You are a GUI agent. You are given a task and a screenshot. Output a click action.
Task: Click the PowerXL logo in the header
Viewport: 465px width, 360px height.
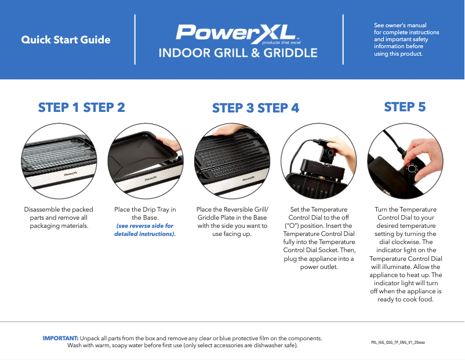click(x=237, y=34)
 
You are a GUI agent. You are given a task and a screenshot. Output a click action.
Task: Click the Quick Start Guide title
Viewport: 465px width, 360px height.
click(x=66, y=40)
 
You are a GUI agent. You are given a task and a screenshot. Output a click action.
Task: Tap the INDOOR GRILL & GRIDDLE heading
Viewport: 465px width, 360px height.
click(x=238, y=53)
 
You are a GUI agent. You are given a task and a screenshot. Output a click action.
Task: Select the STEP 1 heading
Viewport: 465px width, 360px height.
click(x=59, y=107)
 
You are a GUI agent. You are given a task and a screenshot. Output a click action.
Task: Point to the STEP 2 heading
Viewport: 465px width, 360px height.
click(x=104, y=107)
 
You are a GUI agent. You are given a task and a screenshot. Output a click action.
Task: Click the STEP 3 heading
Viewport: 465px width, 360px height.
click(x=233, y=108)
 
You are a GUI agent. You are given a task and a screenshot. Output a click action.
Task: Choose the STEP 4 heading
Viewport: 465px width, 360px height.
click(x=278, y=108)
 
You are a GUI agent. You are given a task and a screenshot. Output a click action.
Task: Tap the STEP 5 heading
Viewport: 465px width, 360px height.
click(x=405, y=107)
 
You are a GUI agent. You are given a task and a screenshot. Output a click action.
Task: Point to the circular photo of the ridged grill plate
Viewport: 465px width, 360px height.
click(x=232, y=161)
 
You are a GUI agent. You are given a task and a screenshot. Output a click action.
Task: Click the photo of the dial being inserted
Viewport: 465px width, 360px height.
click(x=318, y=161)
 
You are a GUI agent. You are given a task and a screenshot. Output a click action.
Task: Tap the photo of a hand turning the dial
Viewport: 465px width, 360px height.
click(x=405, y=161)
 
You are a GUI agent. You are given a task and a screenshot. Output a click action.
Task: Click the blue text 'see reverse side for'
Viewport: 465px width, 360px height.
click(x=145, y=226)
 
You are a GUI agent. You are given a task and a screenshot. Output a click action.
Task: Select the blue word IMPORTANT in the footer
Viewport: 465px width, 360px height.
click(x=60, y=337)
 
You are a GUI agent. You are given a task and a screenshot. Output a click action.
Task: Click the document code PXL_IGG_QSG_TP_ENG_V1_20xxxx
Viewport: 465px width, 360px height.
click(x=398, y=343)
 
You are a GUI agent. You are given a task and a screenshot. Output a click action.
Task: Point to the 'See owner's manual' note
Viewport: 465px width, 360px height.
click(x=401, y=26)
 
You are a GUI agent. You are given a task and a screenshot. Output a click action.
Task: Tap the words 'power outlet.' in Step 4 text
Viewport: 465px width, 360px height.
click(x=318, y=267)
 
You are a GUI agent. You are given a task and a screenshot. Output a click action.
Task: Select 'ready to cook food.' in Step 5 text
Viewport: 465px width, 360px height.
click(x=405, y=299)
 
